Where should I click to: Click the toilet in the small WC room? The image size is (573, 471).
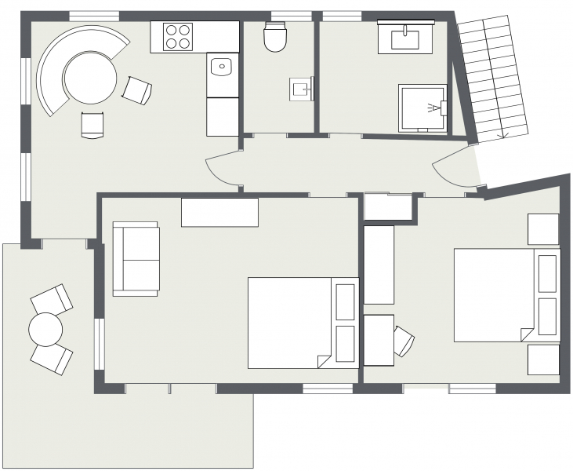275,36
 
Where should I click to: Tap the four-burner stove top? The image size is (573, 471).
178,36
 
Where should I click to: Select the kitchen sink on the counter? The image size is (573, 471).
222,67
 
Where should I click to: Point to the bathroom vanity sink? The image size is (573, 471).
405,36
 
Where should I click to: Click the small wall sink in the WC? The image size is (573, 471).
302,89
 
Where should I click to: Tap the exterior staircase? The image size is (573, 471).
494,78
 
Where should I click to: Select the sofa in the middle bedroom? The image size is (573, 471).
136,258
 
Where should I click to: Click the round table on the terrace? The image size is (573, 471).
46,329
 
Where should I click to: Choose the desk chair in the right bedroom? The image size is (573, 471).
403,340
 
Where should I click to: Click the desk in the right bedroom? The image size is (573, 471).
378,340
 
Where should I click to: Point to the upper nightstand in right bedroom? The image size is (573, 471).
542,228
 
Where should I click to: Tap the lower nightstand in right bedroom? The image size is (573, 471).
542,360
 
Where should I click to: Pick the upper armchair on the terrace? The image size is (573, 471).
52,298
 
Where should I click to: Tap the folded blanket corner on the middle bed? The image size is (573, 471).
323,361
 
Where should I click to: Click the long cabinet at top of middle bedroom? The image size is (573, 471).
219,212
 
